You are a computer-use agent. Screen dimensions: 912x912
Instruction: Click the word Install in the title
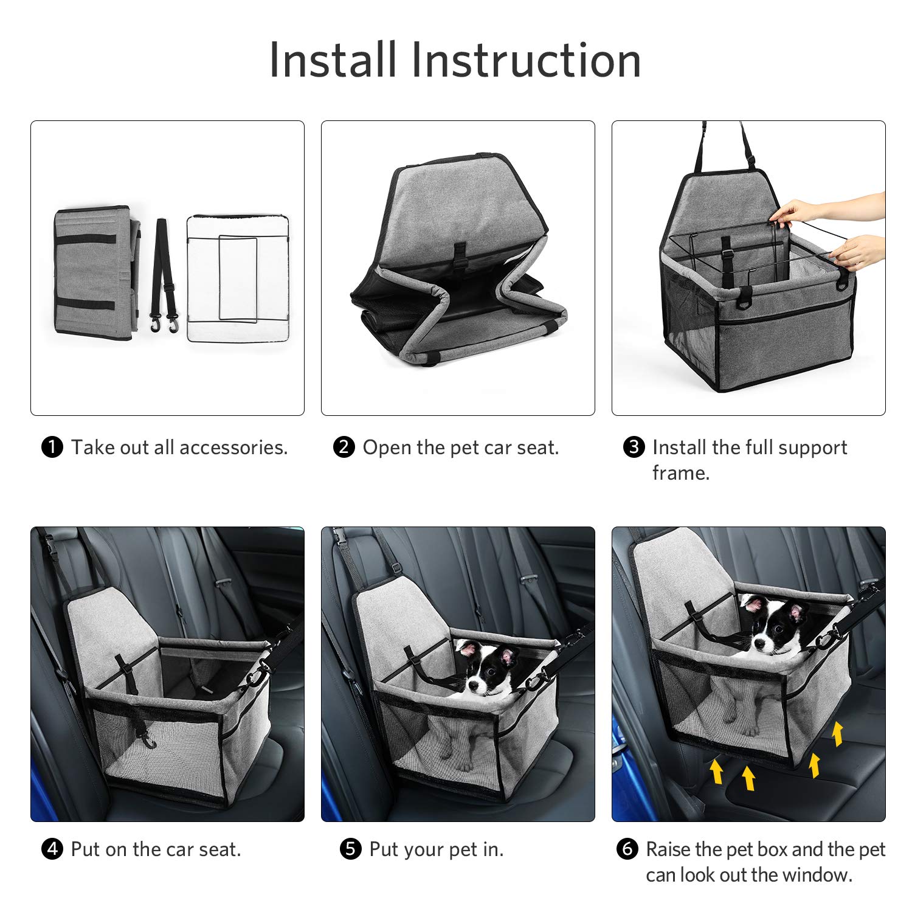333,60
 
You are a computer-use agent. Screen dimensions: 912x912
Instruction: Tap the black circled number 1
52,447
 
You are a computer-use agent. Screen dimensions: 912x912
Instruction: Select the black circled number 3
634,447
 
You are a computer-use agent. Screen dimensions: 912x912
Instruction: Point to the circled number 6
627,849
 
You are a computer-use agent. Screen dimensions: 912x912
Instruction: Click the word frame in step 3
680,473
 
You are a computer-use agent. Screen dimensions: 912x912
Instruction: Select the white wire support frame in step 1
238,278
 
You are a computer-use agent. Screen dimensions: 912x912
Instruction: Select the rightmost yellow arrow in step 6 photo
838,733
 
